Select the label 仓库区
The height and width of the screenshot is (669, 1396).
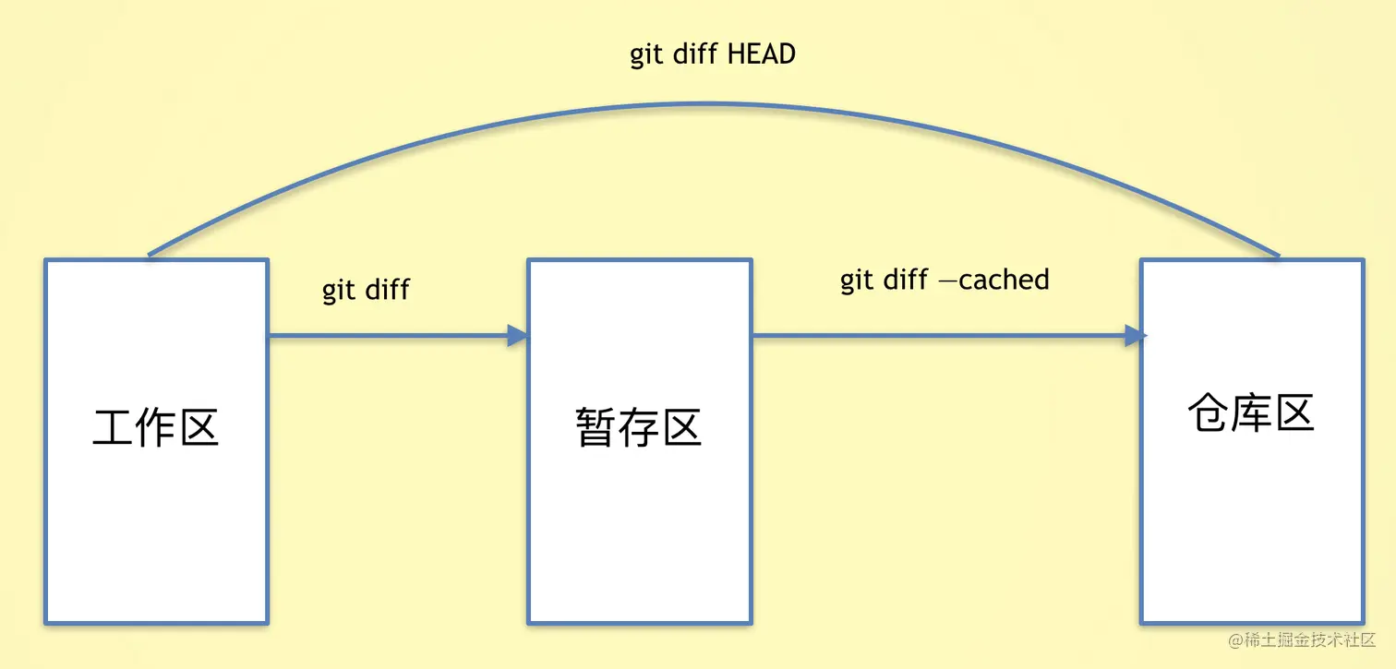tap(1251, 414)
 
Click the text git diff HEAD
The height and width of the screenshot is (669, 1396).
tap(712, 54)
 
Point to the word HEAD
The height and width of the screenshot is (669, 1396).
tap(761, 54)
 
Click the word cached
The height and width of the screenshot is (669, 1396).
tap(1004, 280)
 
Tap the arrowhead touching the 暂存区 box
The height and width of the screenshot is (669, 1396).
tap(518, 336)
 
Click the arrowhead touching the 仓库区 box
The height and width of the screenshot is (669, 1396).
tap(1135, 336)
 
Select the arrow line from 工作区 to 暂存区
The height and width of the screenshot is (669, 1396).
tap(388, 336)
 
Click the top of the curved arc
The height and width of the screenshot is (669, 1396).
tap(711, 104)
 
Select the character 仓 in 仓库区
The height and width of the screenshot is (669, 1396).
tap(1209, 414)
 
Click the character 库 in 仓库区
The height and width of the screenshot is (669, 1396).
tap(1251, 414)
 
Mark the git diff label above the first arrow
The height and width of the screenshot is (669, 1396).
tap(366, 290)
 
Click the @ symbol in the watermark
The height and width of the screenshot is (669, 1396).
tap(1235, 640)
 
